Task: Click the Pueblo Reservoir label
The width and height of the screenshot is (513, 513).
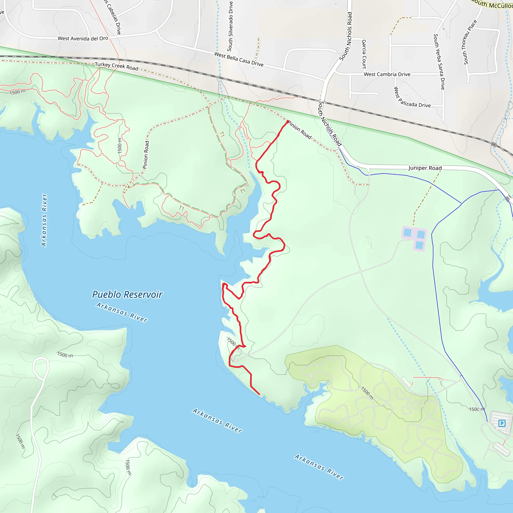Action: (x=127, y=295)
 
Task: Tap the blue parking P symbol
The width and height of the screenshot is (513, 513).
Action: (x=501, y=423)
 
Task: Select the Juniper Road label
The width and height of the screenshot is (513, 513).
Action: (x=425, y=168)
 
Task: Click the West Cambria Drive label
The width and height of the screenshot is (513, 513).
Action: (x=387, y=74)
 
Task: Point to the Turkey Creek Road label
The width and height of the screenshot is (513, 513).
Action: (x=116, y=66)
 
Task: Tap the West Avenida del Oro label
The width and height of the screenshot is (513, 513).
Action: (x=83, y=39)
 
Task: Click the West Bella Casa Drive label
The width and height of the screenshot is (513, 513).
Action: (x=239, y=59)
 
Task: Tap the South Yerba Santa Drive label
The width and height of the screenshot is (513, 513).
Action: (x=439, y=62)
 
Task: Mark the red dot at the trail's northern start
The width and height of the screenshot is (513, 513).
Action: (x=288, y=121)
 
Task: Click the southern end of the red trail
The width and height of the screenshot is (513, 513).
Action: (x=259, y=394)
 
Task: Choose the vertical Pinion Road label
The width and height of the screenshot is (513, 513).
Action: (x=146, y=155)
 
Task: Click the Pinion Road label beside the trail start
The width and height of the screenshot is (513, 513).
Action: (x=300, y=130)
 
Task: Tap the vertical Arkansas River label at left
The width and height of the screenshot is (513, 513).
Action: (x=44, y=220)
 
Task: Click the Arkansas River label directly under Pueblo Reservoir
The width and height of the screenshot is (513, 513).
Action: (x=122, y=312)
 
